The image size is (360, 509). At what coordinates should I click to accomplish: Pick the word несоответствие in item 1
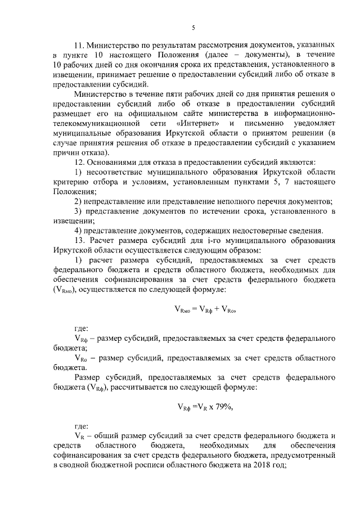tap(117, 172)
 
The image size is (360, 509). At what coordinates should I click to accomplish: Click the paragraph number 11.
tap(80, 44)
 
